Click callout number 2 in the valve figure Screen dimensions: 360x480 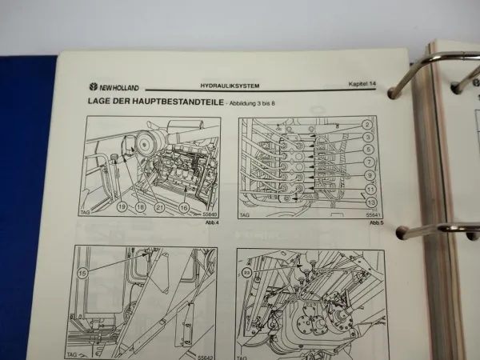(366, 125)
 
